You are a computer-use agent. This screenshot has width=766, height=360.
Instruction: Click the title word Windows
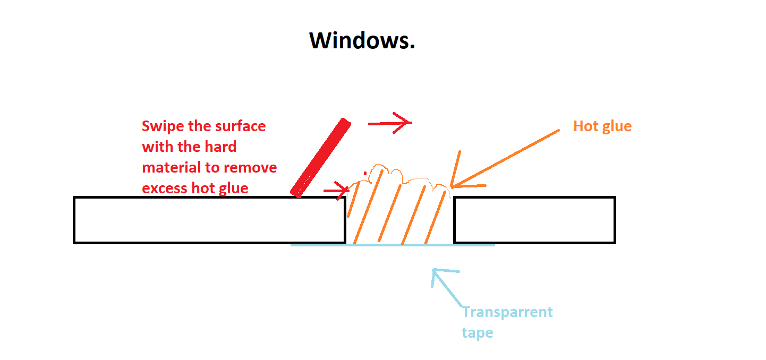(x=362, y=40)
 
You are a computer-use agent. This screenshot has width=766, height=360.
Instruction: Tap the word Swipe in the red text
(x=163, y=127)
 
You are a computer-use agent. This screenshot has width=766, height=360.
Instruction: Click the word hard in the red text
(x=220, y=147)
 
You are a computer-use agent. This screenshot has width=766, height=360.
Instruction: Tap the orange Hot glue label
(x=602, y=127)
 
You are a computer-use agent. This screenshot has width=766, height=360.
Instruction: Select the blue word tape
(x=478, y=333)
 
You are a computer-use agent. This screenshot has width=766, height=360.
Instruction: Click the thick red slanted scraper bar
(x=320, y=158)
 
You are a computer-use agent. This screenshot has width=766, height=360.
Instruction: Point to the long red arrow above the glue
(x=390, y=123)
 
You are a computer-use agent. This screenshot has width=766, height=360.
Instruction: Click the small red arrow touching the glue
(x=336, y=191)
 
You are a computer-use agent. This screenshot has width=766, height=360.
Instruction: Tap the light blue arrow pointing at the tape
(x=446, y=287)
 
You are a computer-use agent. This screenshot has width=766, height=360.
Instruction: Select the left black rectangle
(x=210, y=220)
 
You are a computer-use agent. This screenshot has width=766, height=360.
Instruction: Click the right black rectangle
(x=534, y=220)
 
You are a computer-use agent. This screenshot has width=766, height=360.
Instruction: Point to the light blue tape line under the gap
(x=393, y=245)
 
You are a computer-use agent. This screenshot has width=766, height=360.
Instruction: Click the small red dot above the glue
(x=365, y=173)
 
